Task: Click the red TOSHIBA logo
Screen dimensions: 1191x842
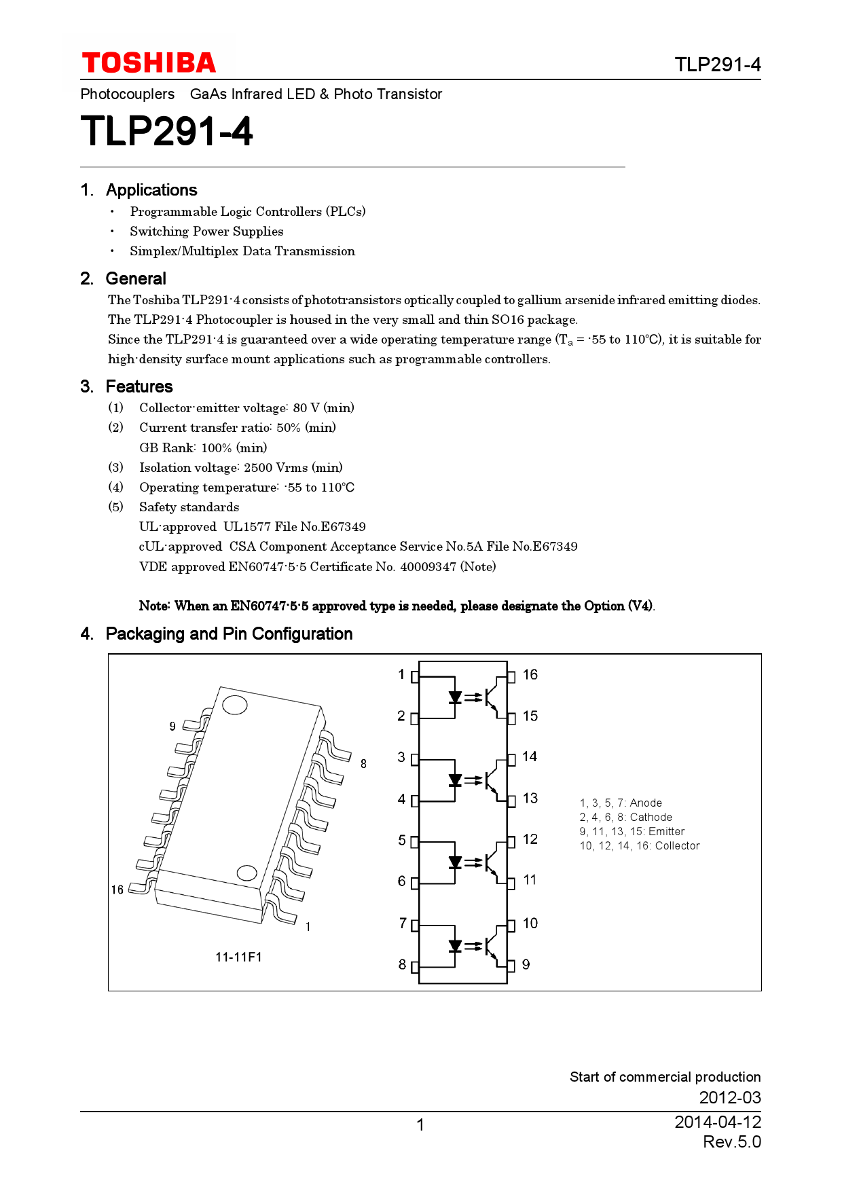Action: tap(149, 63)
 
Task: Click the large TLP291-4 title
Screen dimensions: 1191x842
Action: tap(166, 131)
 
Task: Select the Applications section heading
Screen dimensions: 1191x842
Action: tap(151, 190)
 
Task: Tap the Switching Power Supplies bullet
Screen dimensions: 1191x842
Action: tap(206, 232)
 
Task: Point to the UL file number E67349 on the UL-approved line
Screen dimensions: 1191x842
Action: tap(343, 527)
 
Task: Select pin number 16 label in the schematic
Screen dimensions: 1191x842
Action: tap(530, 674)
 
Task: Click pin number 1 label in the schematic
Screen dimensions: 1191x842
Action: tap(401, 674)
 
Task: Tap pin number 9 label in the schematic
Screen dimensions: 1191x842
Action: tap(526, 964)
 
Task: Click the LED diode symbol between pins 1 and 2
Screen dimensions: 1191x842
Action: tap(455, 697)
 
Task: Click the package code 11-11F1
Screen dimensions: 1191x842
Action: tap(238, 957)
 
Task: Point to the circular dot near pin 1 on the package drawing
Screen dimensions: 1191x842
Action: tap(246, 873)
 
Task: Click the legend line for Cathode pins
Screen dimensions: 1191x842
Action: tap(625, 818)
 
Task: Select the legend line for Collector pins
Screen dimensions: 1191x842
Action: tap(639, 846)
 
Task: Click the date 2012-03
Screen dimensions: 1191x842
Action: tap(730, 1097)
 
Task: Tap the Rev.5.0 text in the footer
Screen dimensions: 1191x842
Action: tap(731, 1142)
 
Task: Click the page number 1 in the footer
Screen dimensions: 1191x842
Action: tap(420, 1125)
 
